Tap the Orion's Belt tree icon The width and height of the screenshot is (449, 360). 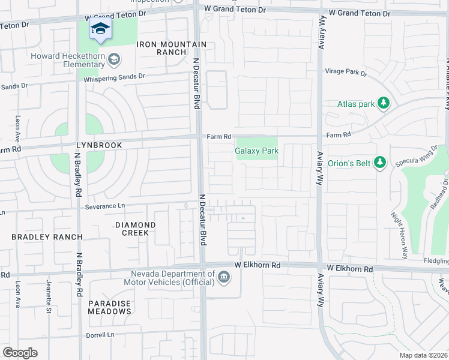pos(379,163)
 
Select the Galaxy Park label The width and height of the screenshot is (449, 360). pos(256,151)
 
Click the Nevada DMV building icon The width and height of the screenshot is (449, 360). pos(223,277)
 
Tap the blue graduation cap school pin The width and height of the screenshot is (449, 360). pos(101,29)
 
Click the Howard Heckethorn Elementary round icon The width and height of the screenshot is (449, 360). pos(114,60)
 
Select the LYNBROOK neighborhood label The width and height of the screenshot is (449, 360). pos(99,145)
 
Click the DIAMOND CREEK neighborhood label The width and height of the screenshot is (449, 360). pos(135,229)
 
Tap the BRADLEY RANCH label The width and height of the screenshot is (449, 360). pos(47,237)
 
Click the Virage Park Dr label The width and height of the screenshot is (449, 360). pos(346,72)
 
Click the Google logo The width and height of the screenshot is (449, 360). pos(20,353)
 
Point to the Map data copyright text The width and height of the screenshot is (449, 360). pos(423,355)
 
